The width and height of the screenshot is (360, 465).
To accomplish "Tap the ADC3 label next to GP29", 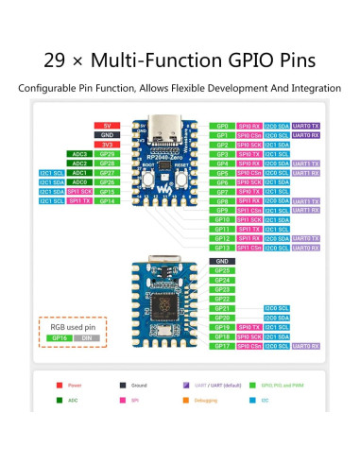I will (79, 154).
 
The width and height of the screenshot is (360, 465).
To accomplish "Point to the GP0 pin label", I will (222, 126).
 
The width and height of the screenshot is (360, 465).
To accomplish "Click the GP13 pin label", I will (222, 248).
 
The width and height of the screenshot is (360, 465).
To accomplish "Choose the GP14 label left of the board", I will (107, 200).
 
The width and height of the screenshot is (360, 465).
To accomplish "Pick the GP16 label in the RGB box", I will (60, 337).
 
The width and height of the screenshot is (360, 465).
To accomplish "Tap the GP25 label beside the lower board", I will (222, 270).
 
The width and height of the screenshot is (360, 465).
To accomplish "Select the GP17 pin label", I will (222, 346).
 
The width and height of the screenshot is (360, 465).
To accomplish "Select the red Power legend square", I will (60, 386).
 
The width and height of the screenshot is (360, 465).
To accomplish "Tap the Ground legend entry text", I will (139, 386).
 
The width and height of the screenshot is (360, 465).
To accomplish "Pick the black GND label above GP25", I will (222, 261).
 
